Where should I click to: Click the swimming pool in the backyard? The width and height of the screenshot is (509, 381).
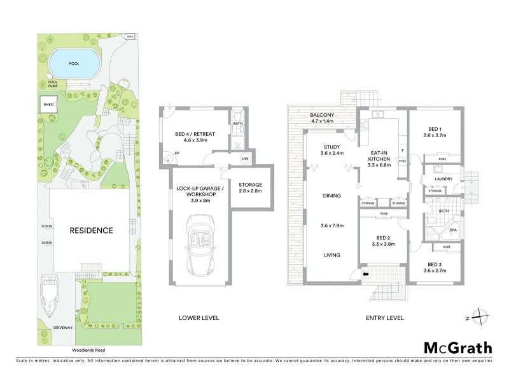75,62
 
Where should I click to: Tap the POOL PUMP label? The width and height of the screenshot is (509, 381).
57,84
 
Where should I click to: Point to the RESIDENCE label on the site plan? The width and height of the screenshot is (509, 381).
92,231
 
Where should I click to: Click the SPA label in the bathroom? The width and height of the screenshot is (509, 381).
454,231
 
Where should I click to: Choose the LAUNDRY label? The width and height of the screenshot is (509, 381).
443,179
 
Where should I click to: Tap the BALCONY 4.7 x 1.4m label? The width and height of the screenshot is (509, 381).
323,119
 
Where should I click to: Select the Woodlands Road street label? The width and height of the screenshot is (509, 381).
85,349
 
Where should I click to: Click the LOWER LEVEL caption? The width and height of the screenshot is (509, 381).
200,317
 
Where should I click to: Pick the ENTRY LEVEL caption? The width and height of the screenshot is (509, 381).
385,317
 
